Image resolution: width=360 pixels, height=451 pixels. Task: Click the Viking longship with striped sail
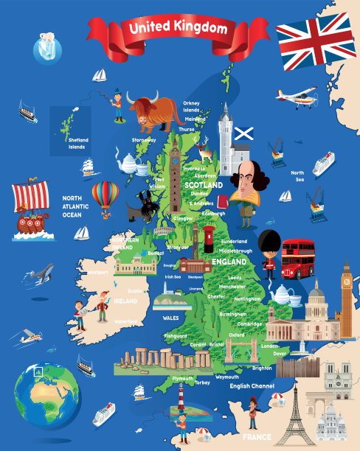30,209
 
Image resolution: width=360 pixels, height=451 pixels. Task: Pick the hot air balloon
105,197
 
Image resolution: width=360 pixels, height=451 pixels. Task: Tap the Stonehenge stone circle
157,360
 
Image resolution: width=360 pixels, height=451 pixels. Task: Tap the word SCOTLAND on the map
203,186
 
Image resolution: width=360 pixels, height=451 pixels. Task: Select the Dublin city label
135,290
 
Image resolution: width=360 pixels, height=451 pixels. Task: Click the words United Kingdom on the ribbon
178,28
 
